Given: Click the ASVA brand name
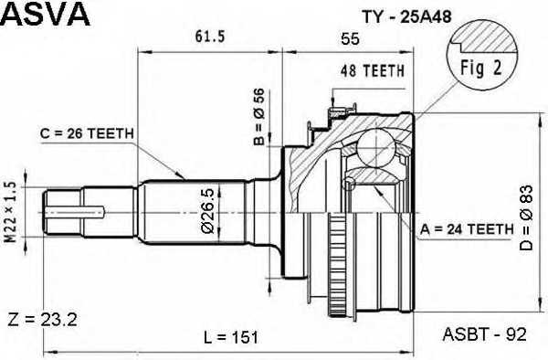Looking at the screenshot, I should coord(46,16).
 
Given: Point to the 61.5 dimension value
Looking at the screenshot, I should coord(210,36).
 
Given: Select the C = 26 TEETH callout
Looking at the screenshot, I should coord(87,133).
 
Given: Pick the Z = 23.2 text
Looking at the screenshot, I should coord(40,319).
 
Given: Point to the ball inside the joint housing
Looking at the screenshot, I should coord(375,145).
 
